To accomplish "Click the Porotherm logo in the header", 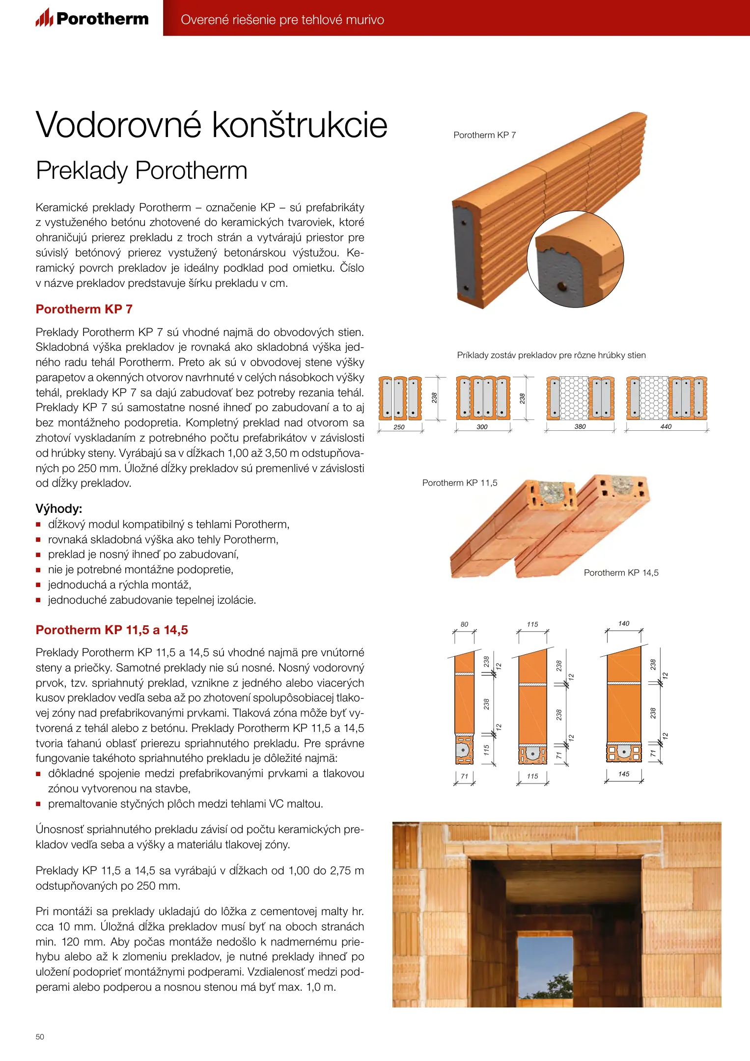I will (92, 19).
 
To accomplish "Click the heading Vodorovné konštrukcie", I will (212, 125).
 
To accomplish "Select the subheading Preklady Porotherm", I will (141, 170).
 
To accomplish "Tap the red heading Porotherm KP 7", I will (84, 309).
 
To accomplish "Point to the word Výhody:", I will (58, 508).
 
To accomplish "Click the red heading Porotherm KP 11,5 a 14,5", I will (111, 630).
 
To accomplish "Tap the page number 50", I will (40, 1036).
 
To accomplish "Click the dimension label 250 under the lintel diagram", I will (399, 427).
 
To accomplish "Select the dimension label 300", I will (482, 427).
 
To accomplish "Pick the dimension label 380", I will (580, 426).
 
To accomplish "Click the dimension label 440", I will (666, 426).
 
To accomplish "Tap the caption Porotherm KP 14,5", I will (621, 573).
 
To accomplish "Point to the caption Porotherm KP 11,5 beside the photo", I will (460, 483).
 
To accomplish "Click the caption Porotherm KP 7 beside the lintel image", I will (484, 135).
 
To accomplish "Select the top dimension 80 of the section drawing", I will (464, 624).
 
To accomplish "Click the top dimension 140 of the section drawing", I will (623, 623).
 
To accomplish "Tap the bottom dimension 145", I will (623, 774).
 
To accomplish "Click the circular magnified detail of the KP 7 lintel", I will (575, 259).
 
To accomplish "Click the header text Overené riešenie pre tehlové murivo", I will (282, 20).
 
